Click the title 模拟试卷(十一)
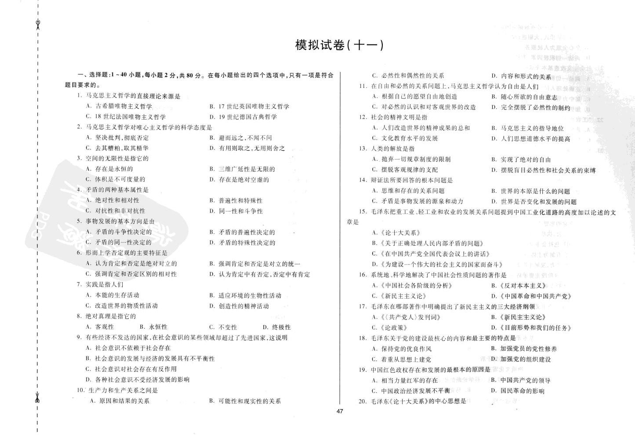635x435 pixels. click(x=339, y=45)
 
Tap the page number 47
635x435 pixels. click(x=339, y=412)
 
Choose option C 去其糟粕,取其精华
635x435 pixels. click(x=117, y=148)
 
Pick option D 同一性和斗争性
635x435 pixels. click(x=236, y=211)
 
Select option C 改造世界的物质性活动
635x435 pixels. click(x=122, y=306)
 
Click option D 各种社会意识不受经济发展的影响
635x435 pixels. click(x=138, y=380)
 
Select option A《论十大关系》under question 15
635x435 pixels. click(x=397, y=233)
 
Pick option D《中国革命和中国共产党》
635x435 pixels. click(x=531, y=296)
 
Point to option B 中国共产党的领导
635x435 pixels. click(x=521, y=381)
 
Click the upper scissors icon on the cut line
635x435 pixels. click(x=38, y=23)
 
